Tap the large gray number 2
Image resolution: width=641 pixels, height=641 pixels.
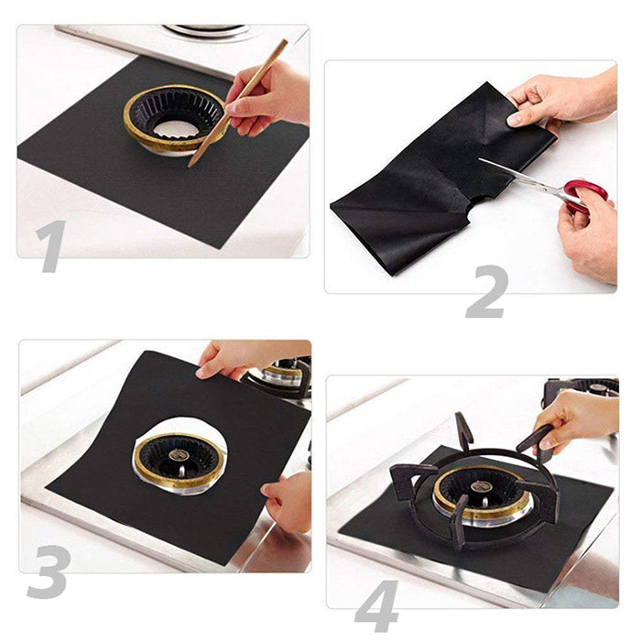coord(487,291)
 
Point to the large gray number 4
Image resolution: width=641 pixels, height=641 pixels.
coord(377,606)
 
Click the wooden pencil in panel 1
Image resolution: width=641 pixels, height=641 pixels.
coord(237,103)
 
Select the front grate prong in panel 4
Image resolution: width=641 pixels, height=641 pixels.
coord(458,521)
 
